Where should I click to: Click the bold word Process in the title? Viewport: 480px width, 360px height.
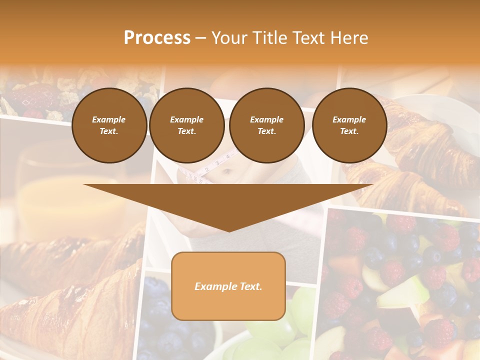tap(157, 38)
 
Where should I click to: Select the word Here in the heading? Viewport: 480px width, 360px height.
tap(348, 38)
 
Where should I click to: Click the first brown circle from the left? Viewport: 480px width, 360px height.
tap(109, 125)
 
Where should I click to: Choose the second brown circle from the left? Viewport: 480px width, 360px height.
tap(187, 125)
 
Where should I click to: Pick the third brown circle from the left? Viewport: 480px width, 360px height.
tap(267, 125)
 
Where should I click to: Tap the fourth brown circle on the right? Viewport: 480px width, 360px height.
tap(349, 125)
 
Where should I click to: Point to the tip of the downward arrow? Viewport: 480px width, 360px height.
tap(229, 230)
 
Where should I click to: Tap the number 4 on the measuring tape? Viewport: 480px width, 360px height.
tap(227, 156)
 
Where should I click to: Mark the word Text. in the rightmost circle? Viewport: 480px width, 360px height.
tap(349, 131)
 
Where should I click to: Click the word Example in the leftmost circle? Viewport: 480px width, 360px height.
tap(109, 119)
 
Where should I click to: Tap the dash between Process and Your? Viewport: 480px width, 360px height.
tap(201, 38)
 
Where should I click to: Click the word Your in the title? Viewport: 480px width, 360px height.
tap(229, 38)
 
